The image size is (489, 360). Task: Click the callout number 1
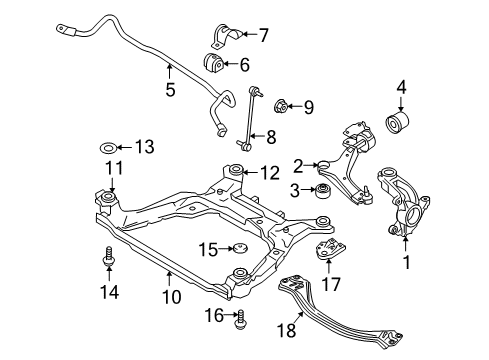tap(405, 264)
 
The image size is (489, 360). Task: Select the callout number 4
tap(400, 98)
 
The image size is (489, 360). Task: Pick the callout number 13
tap(146, 147)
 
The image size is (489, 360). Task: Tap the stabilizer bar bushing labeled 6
tap(214, 65)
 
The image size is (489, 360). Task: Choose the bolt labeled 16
tap(239, 320)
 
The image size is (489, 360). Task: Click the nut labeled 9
tap(282, 103)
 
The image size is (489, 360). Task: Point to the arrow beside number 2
tap(313, 165)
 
